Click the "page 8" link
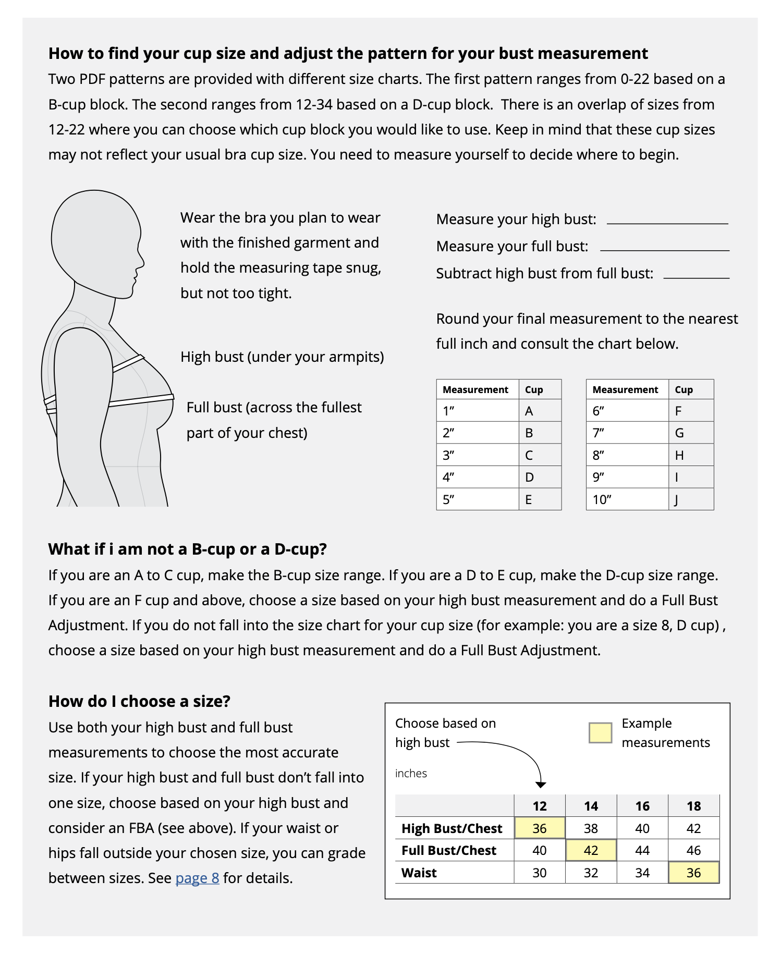click(197, 878)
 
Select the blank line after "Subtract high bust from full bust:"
click(696, 277)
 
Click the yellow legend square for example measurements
click(600, 732)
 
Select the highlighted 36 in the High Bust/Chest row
click(540, 828)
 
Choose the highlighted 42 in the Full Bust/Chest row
click(591, 850)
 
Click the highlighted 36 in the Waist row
click(693, 873)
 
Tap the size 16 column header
click(642, 806)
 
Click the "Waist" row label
click(419, 873)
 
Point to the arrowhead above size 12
click(541, 785)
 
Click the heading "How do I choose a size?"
click(139, 701)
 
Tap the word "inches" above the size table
click(411, 773)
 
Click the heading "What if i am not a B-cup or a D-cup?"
click(187, 549)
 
